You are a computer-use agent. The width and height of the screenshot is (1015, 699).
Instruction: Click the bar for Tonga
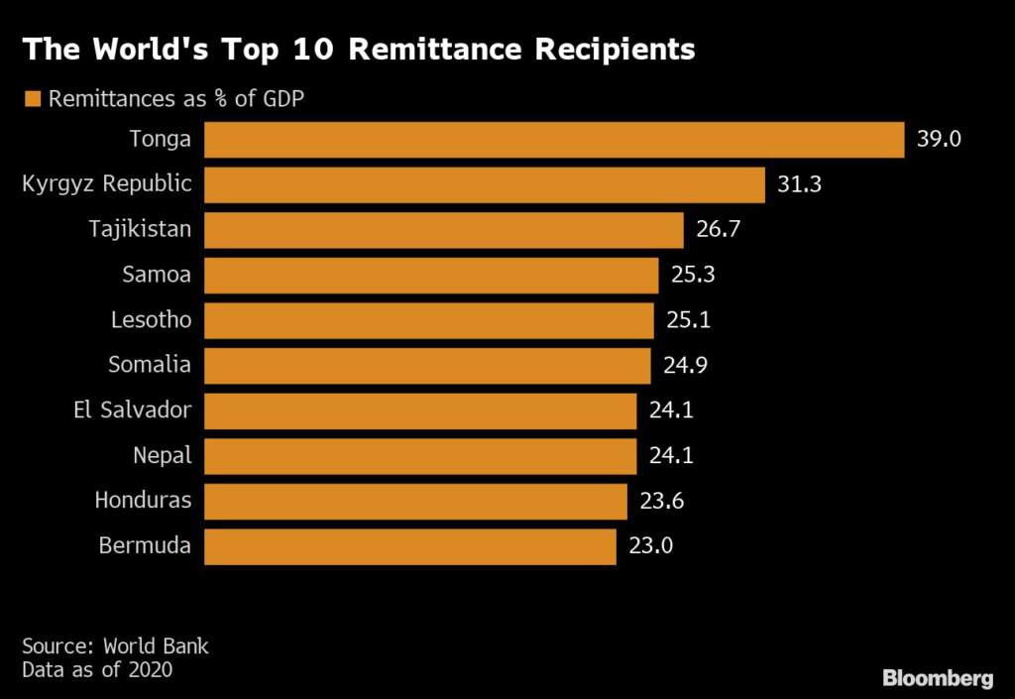(x=554, y=140)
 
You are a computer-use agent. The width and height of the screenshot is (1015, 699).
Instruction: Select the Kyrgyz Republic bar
(x=485, y=185)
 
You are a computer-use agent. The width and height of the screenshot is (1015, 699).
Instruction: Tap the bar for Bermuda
(x=410, y=546)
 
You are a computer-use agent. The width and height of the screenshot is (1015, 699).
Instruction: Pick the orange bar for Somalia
(x=427, y=366)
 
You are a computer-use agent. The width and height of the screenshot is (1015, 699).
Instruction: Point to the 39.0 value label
(x=939, y=140)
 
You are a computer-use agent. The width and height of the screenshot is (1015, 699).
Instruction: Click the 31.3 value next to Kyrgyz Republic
(x=799, y=185)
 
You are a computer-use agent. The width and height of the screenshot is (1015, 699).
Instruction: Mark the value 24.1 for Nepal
(x=671, y=456)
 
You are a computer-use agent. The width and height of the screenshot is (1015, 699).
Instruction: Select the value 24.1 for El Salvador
(x=671, y=410)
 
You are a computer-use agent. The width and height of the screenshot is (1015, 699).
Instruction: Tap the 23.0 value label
(x=651, y=546)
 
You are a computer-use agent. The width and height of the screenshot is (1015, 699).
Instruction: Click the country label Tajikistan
(x=141, y=230)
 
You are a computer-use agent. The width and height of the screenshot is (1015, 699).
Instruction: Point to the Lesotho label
(x=152, y=320)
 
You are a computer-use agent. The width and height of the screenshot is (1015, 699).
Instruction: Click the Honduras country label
(x=143, y=501)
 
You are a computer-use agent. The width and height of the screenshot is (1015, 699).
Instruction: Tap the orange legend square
(x=32, y=98)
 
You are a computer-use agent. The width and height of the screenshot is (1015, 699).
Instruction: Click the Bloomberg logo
(x=938, y=678)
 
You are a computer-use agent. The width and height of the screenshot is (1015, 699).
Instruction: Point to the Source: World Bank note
(x=116, y=646)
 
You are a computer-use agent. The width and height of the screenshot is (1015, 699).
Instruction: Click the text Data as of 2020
(x=97, y=670)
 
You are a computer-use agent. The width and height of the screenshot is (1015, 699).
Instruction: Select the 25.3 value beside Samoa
(x=693, y=276)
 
